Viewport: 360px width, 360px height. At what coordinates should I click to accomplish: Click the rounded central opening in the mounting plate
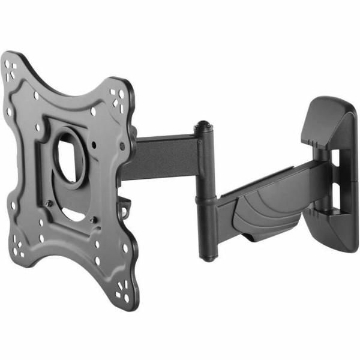(x=71, y=157)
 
